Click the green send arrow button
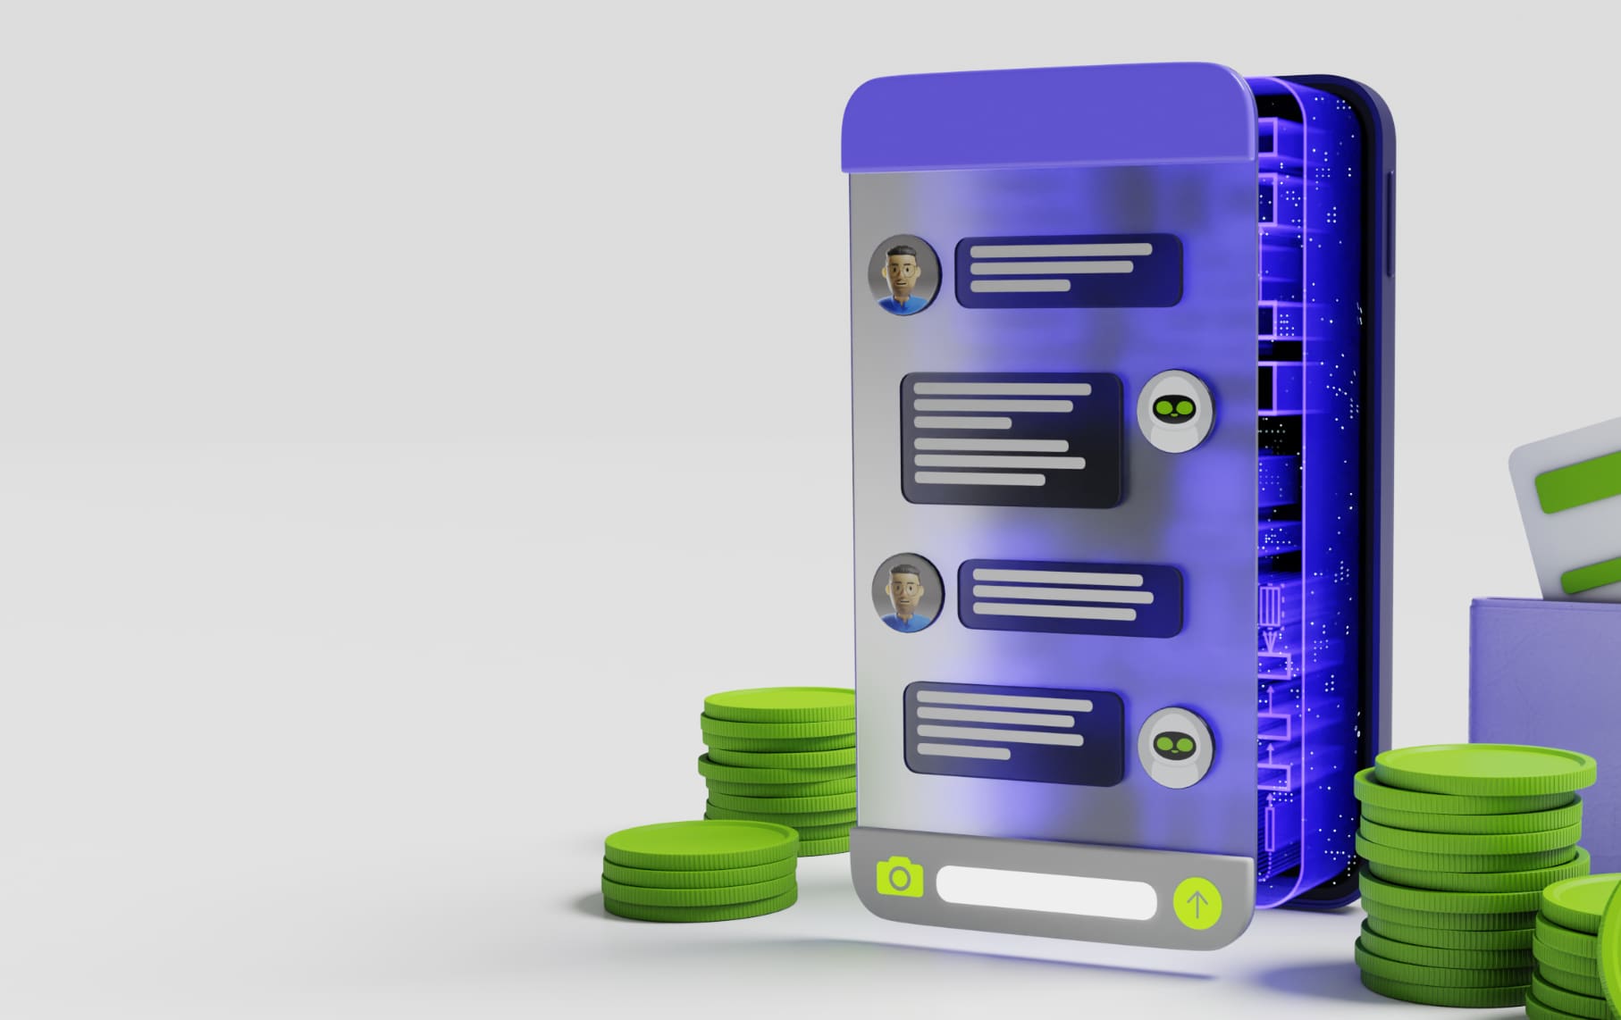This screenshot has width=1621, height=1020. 1197,903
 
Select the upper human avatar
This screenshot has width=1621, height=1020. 904,274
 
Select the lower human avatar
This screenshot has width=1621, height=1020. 907,592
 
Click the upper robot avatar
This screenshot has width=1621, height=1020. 1176,410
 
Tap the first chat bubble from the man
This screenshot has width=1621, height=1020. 1069,271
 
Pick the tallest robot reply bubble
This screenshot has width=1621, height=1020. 1012,439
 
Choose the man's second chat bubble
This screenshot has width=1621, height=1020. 1070,598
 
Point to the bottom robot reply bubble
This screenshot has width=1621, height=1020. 1013,733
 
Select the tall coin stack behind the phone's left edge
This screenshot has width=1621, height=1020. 777,759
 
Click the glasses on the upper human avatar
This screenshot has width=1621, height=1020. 903,267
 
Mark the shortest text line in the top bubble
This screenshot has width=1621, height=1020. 1020,286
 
